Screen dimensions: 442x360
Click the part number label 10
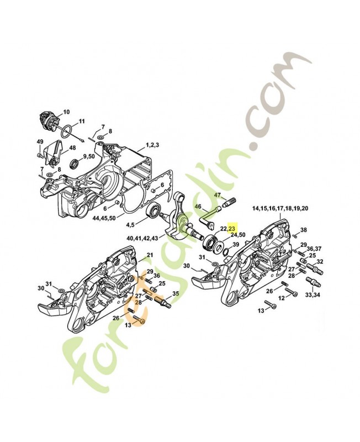(x=66, y=112)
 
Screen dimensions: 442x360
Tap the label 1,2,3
(x=153, y=145)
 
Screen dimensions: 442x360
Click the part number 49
(x=40, y=142)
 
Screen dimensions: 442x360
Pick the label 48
(x=72, y=148)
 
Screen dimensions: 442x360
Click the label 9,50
(x=88, y=157)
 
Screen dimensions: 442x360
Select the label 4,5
(x=131, y=224)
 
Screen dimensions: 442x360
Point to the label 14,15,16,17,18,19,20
(x=280, y=208)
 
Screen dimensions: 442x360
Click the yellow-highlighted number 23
(x=232, y=227)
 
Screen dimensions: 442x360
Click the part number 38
(x=304, y=229)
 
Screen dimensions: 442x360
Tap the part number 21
(x=149, y=255)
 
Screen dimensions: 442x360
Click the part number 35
(x=176, y=293)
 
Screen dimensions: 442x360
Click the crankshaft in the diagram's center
(x=185, y=215)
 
